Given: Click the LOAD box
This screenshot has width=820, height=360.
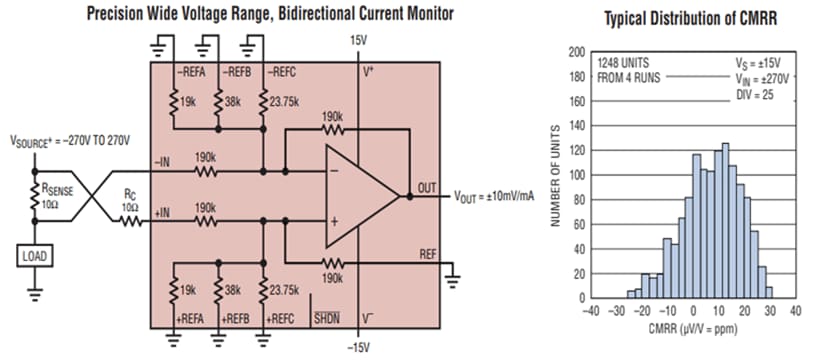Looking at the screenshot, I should click(33, 255).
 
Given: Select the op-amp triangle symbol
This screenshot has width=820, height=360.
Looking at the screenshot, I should click(355, 196).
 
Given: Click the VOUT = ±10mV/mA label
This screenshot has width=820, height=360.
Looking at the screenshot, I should click(494, 195).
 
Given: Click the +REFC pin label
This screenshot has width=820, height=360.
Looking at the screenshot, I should click(280, 319).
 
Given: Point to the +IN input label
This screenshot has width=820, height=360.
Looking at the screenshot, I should click(164, 212).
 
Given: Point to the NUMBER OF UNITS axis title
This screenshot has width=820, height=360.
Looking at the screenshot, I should click(552, 175).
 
